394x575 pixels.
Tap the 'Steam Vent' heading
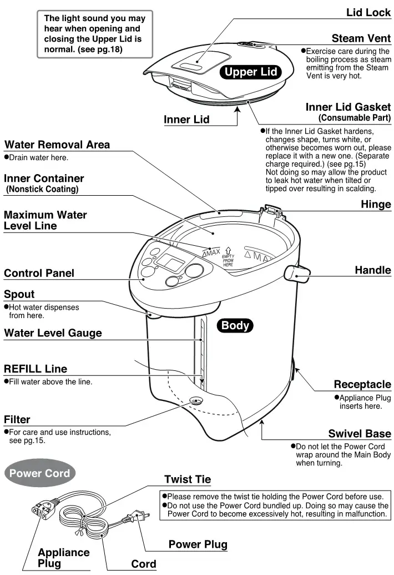361,38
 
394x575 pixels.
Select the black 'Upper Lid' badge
250,72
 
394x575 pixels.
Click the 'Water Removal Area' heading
57,145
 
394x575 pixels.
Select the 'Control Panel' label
39,273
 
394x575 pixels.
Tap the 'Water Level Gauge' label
53,333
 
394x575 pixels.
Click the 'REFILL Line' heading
36,369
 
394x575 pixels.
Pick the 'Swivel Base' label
360,434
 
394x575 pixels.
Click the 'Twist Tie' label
188,479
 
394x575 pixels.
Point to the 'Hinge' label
376,204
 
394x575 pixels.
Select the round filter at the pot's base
195,401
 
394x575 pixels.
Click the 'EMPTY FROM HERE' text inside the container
228,260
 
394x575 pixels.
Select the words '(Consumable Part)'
355,118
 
